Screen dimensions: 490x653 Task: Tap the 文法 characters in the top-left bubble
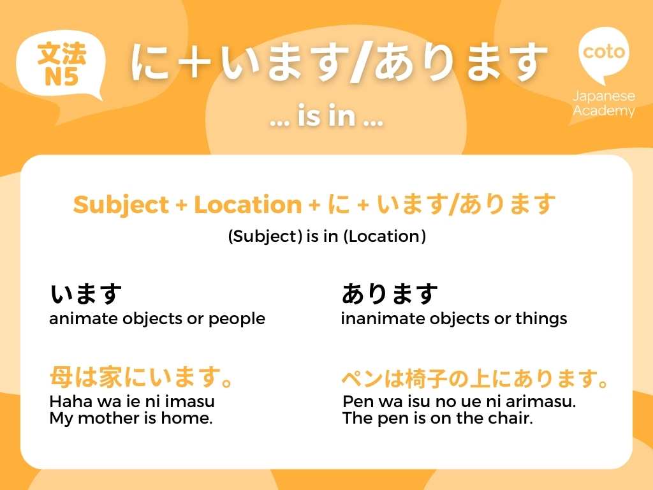pos(61,54)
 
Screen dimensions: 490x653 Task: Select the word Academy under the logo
pos(604,111)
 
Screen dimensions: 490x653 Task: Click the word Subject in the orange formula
pos(119,205)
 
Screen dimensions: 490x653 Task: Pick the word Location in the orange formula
pos(247,205)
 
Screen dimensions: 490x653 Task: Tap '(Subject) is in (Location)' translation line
pos(326,236)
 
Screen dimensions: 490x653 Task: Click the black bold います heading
pos(86,295)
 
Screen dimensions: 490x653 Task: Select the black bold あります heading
pos(390,295)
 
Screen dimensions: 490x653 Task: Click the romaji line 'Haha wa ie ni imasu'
pos(132,402)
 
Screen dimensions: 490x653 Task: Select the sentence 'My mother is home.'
pos(131,419)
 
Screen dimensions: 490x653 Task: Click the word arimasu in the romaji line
pos(546,402)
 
